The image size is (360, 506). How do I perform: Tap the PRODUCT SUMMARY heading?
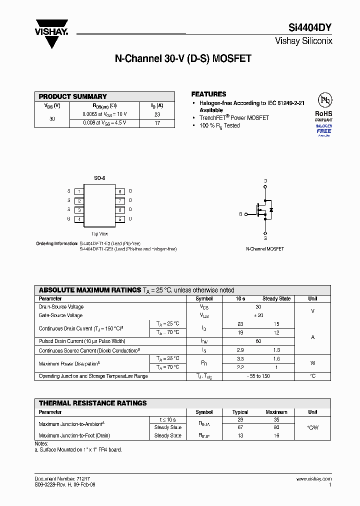73,96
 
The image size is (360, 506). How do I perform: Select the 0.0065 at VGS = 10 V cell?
105,114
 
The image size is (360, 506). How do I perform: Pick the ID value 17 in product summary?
157,123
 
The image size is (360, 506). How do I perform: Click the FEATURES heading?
209,94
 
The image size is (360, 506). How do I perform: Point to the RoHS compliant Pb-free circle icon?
325,100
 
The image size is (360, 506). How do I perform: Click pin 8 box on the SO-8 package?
120,191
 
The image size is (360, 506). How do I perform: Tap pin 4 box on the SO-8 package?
79,219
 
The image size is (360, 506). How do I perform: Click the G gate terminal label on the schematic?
240,214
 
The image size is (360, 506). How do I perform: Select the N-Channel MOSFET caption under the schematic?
265,248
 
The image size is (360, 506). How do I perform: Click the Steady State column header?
276,298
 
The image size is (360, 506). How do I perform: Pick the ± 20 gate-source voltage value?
258,315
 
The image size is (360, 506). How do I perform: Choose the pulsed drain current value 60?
258,341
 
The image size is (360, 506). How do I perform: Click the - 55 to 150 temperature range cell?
258,376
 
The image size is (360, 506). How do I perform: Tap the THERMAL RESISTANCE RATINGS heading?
93,403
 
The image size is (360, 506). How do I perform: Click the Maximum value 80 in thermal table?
276,427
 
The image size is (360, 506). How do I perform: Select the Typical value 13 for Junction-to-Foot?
240,436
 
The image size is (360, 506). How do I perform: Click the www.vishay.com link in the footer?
313,479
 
